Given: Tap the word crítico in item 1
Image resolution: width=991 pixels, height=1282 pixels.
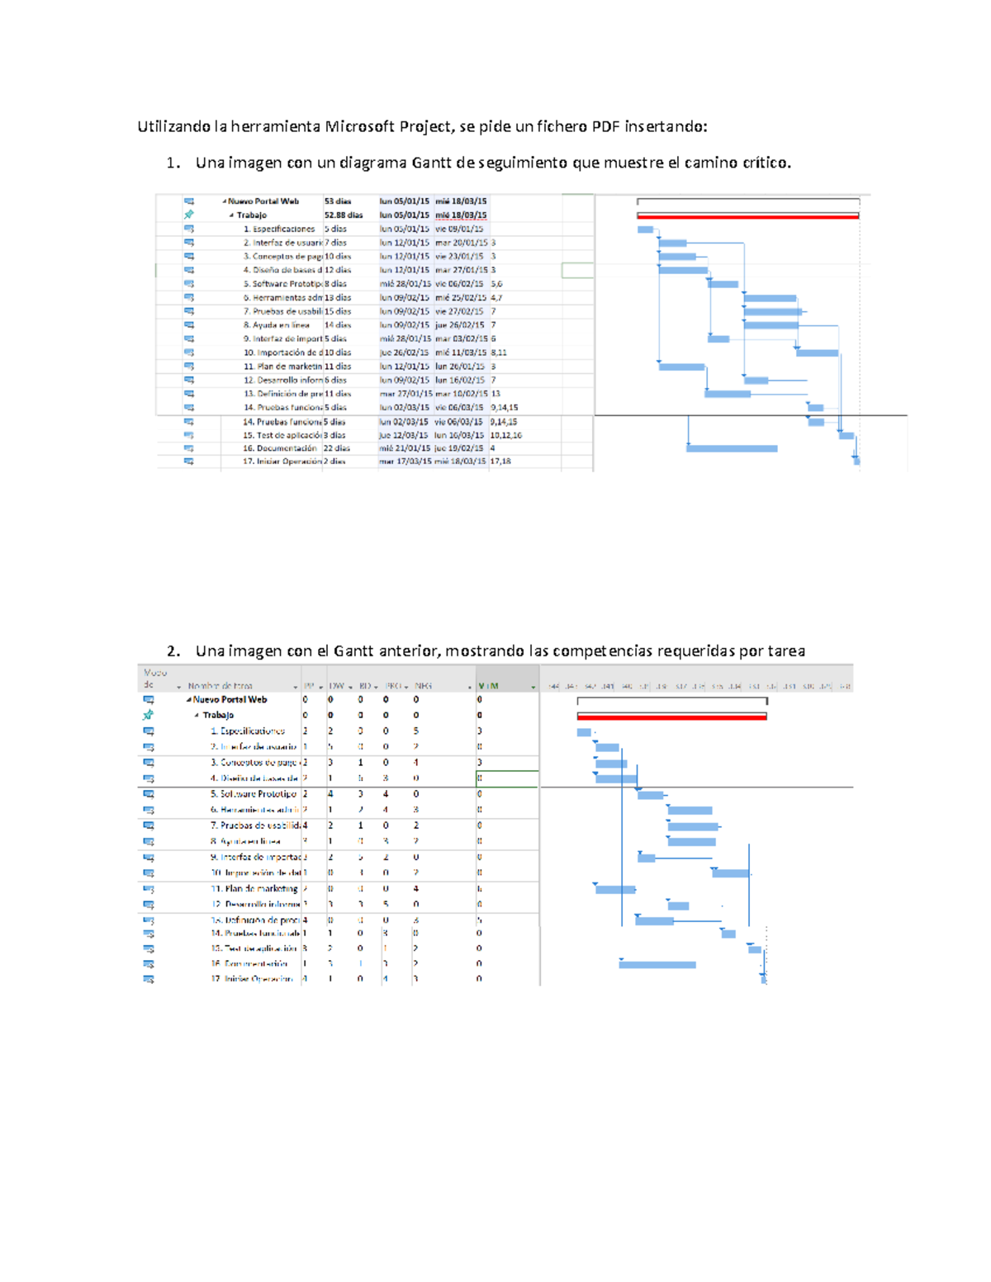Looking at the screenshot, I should coord(765,163).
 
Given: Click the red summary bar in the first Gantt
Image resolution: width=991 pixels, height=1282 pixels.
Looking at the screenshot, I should coord(747,215).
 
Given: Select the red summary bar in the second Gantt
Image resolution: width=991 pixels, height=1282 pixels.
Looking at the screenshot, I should coord(671,716).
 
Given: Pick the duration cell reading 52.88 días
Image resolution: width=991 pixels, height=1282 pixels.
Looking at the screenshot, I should coord(343,215).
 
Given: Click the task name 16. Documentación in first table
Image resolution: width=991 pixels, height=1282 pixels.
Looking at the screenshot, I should coord(279,448).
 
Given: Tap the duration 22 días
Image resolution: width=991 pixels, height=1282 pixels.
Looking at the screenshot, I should coord(336,448).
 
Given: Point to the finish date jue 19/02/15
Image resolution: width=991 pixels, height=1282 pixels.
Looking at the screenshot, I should coord(460,448).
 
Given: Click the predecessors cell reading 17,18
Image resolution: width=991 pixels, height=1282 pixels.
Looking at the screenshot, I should coord(500,461).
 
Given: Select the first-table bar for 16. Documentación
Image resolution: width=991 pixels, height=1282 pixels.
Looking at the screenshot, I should coord(732,448).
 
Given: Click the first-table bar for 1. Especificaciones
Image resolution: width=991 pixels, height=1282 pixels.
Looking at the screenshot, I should coord(645,229).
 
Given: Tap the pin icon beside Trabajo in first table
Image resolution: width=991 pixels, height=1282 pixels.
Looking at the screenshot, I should coord(189,215).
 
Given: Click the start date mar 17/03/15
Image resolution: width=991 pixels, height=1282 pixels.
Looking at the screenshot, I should coord(405,461).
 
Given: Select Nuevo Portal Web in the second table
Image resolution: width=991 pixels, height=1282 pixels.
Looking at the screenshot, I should coord(230,699).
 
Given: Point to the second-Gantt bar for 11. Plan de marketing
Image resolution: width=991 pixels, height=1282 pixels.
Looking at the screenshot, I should coord(615,889).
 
